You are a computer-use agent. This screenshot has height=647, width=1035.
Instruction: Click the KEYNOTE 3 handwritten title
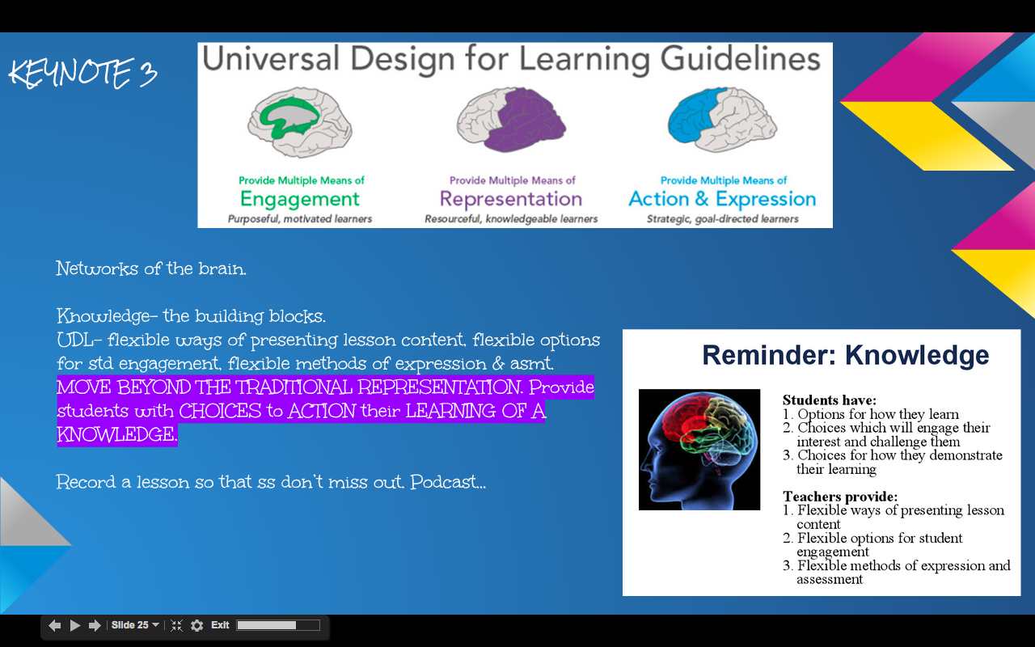pos(83,73)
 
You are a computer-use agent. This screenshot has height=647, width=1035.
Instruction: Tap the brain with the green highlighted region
pos(300,122)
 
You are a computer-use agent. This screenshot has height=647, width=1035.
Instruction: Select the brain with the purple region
pos(512,121)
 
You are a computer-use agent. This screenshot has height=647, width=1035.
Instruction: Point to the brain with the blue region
pos(722,121)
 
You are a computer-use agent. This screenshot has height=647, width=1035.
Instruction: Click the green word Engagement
pos(299,200)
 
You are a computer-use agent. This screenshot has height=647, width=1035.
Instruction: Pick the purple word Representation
pos(510,199)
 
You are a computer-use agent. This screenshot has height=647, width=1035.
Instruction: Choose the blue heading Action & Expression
pos(722,199)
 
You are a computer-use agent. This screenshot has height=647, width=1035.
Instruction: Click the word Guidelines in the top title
pos(740,60)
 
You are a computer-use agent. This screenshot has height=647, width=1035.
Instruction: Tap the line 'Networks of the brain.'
pos(151,269)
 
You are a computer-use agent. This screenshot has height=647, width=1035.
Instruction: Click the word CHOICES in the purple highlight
pos(220,411)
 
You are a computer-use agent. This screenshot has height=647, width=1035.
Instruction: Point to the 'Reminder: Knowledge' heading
pos(846,355)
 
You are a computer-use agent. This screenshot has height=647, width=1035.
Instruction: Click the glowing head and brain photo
pos(699,450)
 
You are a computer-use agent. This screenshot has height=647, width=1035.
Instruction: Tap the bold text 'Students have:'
pos(830,400)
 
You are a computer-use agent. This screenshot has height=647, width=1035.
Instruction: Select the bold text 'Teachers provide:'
pos(840,497)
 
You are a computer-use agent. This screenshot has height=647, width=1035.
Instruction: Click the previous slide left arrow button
pos(54,626)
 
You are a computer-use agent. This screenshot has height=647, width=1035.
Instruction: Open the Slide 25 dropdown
pos(135,625)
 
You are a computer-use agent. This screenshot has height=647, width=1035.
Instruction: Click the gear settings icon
pos(196,626)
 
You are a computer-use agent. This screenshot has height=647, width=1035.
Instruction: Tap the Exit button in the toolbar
pos(220,625)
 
